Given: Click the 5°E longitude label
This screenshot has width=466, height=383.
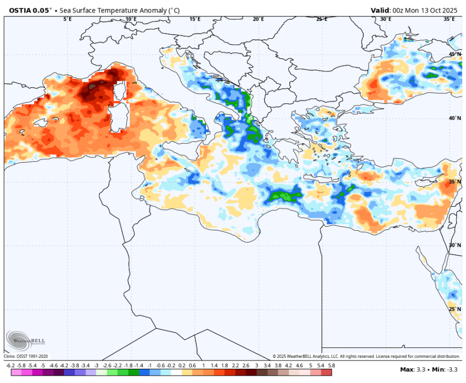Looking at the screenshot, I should [x=68, y=19].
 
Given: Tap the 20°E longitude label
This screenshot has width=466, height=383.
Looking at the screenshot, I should [x=258, y=19].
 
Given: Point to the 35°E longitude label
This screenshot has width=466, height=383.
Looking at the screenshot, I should [x=449, y=19].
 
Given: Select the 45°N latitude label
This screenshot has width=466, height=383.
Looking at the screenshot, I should [x=454, y=55].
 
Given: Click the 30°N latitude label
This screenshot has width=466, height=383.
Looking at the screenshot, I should [x=454, y=245].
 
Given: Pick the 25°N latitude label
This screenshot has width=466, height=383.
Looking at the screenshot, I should [x=454, y=309].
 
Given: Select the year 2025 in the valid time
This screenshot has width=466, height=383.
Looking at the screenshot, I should [x=449, y=10].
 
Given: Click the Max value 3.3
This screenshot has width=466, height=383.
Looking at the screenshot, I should [x=420, y=369].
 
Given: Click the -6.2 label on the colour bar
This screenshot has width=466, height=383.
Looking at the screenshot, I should [x=9, y=365].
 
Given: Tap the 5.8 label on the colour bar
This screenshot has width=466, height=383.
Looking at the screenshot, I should [x=331, y=365].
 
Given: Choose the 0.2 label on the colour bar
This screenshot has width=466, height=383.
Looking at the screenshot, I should [x=182, y=365].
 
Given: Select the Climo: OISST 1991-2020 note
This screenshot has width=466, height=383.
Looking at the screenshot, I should [x=26, y=357].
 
